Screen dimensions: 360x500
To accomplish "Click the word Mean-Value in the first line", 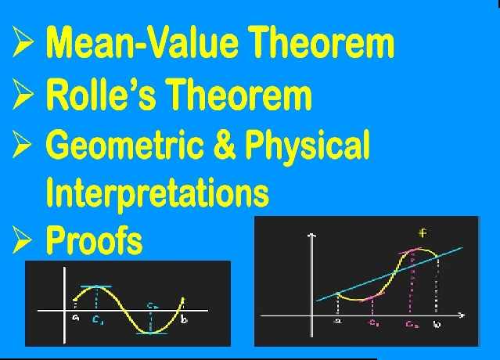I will pyautogui.click(x=134, y=44).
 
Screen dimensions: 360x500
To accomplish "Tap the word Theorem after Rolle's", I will pyautogui.click(x=239, y=95).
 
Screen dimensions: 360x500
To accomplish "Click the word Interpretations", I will pyautogui.click(x=157, y=192).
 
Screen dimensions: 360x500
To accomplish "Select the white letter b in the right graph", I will pyautogui.click(x=437, y=323).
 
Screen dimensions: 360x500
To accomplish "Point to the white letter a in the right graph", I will pyautogui.click(x=337, y=320).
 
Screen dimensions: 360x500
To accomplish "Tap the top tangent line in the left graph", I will pyautogui.click(x=94, y=286).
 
